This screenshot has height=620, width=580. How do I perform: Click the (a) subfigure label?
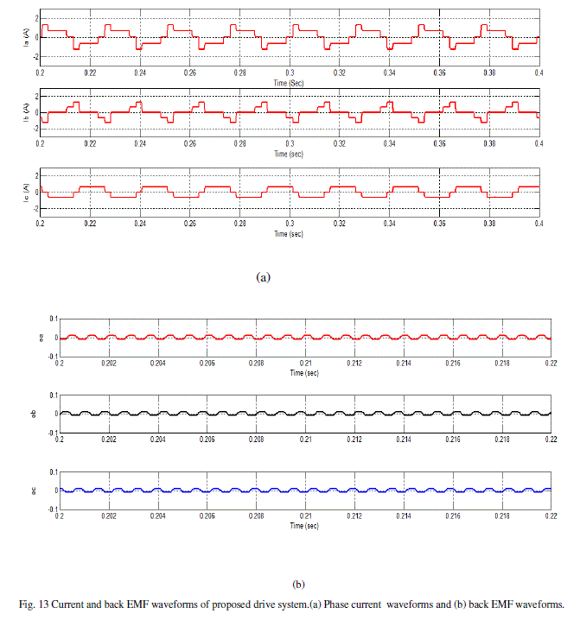(265, 277)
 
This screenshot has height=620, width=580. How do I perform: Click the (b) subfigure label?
(299, 584)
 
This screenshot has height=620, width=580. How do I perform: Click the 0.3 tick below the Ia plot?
(290, 74)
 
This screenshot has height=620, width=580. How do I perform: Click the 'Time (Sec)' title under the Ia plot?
(289, 82)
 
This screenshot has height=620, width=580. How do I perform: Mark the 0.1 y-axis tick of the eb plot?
(53, 395)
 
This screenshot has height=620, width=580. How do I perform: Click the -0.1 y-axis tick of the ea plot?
(51, 356)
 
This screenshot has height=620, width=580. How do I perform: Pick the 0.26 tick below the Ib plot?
(189, 146)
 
